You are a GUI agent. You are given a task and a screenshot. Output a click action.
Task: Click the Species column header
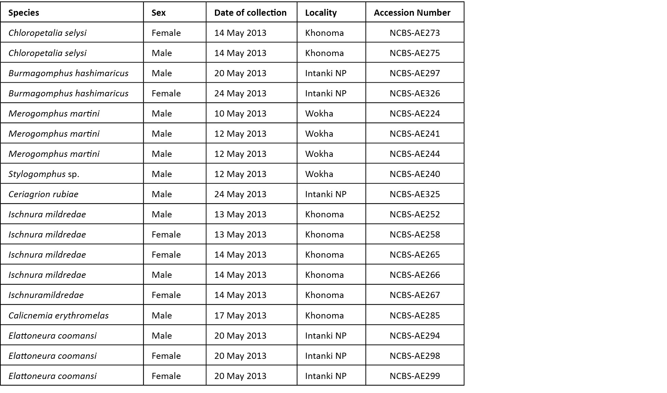[24, 13]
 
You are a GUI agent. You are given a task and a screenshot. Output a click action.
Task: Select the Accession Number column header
[412, 13]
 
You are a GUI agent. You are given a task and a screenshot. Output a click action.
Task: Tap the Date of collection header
[250, 13]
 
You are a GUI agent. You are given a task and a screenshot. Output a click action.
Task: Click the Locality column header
[321, 13]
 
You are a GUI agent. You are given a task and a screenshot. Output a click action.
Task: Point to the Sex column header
[158, 13]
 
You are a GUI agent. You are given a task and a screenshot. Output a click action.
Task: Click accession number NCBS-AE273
[414, 33]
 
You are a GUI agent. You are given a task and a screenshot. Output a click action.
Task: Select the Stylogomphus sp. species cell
[44, 174]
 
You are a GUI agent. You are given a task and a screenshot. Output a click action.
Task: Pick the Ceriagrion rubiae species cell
[43, 194]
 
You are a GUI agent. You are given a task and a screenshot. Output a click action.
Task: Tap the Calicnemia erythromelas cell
[59, 315]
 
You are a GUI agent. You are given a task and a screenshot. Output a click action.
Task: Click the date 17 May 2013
[240, 315]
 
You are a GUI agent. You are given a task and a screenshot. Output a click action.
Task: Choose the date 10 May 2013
[240, 113]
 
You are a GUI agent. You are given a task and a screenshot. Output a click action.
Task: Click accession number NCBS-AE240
[414, 174]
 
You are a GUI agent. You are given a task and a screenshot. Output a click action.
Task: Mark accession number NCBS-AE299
[414, 376]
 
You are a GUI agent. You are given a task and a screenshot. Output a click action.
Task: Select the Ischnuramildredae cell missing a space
[46, 295]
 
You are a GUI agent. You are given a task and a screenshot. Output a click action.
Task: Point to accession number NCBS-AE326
[414, 93]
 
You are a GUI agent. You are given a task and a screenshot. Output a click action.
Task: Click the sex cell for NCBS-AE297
[162, 73]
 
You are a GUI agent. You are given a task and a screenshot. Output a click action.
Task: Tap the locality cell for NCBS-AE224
[319, 113]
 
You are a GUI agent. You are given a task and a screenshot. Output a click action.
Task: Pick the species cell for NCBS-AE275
[47, 53]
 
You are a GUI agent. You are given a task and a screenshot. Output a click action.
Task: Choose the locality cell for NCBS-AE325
[325, 194]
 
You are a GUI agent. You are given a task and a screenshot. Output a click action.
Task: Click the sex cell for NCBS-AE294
[162, 336]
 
